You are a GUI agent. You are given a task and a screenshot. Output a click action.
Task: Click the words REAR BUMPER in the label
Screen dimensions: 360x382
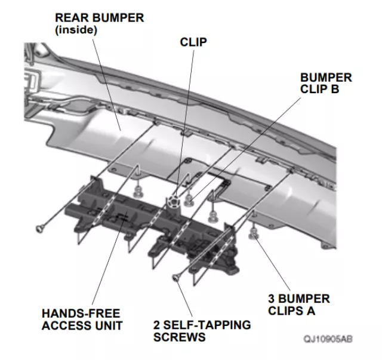(99, 18)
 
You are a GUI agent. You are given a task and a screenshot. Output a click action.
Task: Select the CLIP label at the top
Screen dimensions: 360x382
(193, 43)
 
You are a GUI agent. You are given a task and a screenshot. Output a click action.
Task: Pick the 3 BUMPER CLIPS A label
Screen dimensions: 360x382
(299, 304)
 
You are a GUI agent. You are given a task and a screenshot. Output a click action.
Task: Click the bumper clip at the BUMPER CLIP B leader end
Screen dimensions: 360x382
(189, 198)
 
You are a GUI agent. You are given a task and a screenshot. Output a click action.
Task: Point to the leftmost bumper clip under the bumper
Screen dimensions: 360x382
(139, 191)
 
